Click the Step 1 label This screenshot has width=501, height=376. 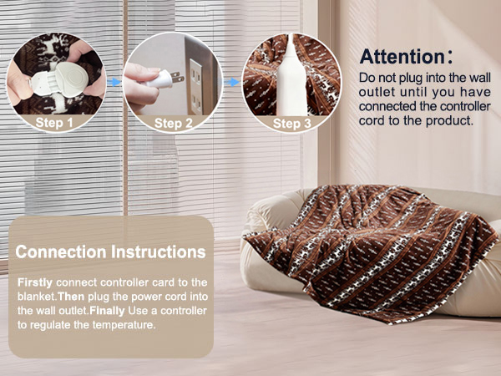tap(56, 123)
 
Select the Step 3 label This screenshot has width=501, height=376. tap(292, 123)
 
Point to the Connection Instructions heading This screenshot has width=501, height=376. tap(110, 251)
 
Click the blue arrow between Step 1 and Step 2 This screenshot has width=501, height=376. tap(114, 84)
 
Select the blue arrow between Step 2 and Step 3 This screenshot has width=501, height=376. tap(233, 84)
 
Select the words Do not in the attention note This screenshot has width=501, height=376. tap(373, 77)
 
